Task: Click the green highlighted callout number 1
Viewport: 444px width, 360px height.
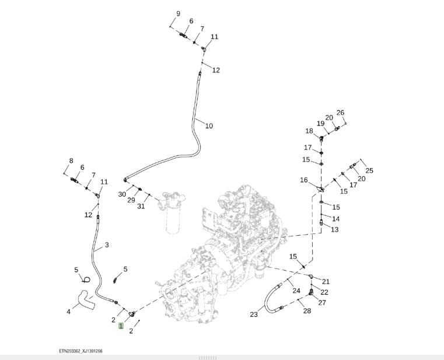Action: click(x=121, y=326)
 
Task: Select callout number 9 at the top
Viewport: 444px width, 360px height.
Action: click(x=178, y=13)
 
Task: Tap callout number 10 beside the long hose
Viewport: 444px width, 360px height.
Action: click(x=209, y=125)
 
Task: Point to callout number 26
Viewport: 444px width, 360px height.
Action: click(x=340, y=113)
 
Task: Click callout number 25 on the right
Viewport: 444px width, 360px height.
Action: click(x=369, y=170)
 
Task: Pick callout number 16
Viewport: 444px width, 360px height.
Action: click(x=304, y=180)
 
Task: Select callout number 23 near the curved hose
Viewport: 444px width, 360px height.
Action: click(x=254, y=314)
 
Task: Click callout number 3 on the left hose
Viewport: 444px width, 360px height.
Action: click(x=106, y=245)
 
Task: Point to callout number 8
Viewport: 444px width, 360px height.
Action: click(x=71, y=161)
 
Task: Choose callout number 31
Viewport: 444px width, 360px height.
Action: click(x=141, y=206)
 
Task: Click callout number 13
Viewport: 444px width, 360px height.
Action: click(x=334, y=229)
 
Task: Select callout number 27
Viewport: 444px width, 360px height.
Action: click(x=322, y=302)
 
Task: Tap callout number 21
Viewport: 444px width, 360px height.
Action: click(x=326, y=282)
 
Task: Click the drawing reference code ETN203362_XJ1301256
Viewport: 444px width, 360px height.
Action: click(x=85, y=351)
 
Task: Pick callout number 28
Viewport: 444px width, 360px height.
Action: click(x=307, y=311)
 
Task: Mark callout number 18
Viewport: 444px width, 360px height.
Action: click(x=309, y=131)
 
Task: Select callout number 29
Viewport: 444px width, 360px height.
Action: click(x=131, y=200)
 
